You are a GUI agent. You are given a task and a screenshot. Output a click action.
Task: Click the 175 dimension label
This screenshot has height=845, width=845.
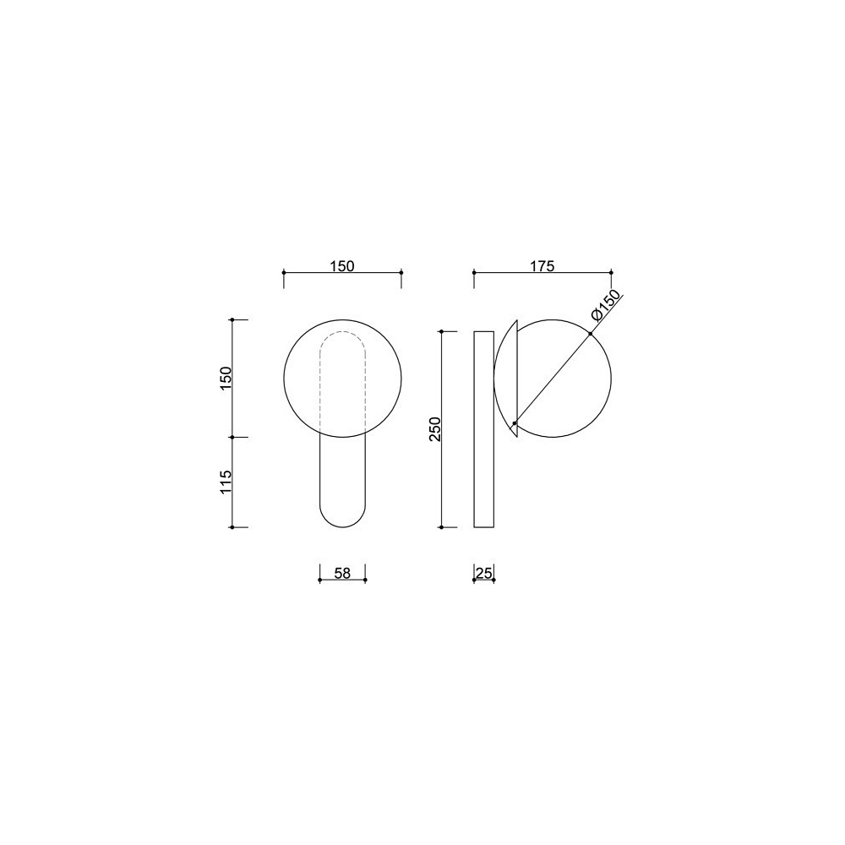point(542,265)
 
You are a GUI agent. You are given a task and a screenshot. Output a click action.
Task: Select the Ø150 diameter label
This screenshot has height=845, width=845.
point(605,307)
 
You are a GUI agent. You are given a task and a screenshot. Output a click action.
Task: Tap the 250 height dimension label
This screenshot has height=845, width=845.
point(435,429)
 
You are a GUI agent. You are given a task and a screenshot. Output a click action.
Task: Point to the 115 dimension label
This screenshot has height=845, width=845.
point(226,482)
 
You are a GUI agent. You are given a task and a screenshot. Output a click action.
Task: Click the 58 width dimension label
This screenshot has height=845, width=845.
point(342,573)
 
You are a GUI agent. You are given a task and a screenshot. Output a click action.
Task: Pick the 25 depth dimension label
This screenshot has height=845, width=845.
point(484,573)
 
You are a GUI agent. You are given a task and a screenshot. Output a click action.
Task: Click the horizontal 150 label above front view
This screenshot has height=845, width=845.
point(342,265)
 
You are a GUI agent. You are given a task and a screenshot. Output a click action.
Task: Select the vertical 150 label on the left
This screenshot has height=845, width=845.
point(226,379)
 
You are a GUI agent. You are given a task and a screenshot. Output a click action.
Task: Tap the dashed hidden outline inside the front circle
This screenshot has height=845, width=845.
point(343,332)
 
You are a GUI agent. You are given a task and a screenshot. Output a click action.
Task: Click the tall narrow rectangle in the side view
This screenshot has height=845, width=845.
point(484,429)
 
